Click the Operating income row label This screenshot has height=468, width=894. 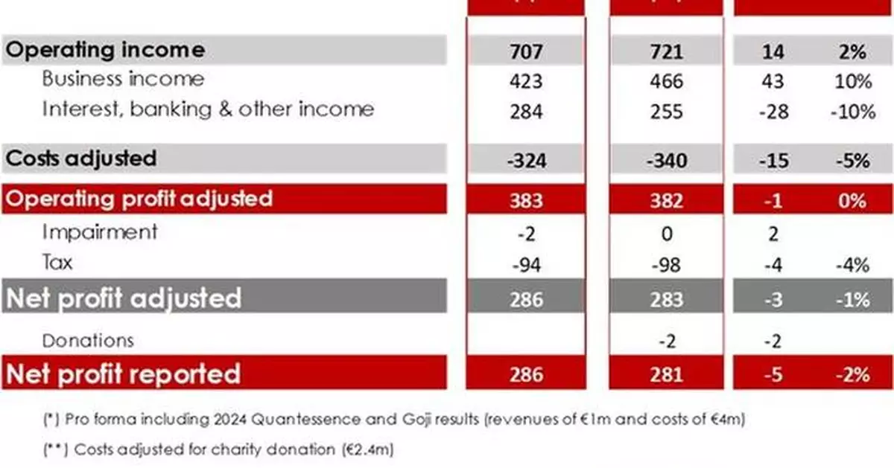(105, 51)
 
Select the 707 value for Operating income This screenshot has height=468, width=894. (525, 51)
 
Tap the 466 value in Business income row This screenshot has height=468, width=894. (666, 80)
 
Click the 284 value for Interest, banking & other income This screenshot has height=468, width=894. (525, 111)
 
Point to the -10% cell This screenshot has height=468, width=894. (851, 111)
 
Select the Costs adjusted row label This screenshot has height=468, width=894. (82, 158)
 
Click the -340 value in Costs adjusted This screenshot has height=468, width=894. (666, 160)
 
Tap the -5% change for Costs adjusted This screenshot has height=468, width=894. (851, 160)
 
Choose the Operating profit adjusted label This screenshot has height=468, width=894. (139, 199)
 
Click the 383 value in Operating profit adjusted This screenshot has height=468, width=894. (525, 200)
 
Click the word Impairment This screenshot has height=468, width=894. (100, 231)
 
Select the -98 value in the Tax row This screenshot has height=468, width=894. (666, 264)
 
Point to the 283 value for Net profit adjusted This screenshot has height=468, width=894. (666, 298)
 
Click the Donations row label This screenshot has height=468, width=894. (88, 340)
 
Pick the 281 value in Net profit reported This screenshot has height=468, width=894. (666, 374)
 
